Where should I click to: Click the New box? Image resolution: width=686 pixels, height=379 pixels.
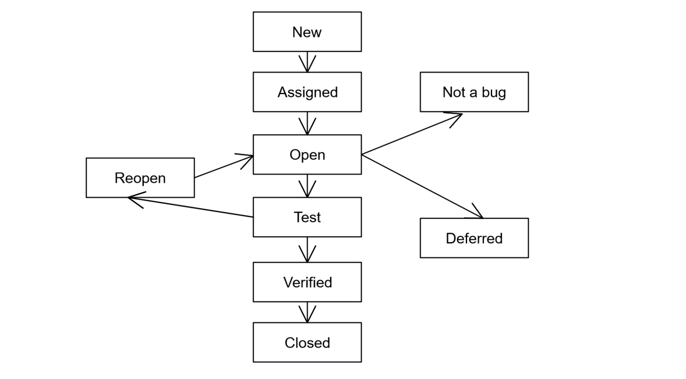(x=307, y=32)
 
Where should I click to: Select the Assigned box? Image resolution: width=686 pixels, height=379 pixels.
(x=307, y=92)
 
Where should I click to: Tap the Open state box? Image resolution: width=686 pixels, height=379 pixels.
(x=307, y=154)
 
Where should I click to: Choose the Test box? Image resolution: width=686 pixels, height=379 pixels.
(x=307, y=217)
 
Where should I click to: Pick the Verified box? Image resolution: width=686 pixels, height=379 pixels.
(x=307, y=282)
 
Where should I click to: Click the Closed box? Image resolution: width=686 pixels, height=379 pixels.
(x=307, y=342)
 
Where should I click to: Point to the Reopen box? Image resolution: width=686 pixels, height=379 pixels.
(x=140, y=178)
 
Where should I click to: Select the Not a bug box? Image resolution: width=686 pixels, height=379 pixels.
(x=474, y=92)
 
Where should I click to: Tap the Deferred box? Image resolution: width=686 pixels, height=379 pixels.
(x=474, y=238)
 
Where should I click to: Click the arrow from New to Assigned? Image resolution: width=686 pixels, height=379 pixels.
(x=307, y=62)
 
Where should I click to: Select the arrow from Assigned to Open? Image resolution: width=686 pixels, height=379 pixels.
(x=307, y=123)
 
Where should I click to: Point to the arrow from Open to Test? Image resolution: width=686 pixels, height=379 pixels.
(x=307, y=186)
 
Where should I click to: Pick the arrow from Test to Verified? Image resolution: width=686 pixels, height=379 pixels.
(x=307, y=250)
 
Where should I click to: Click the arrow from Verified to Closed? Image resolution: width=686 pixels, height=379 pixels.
(x=307, y=312)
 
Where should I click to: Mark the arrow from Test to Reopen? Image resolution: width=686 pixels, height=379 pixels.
(x=191, y=207)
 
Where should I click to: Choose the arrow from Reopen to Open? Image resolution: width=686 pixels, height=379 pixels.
(x=224, y=167)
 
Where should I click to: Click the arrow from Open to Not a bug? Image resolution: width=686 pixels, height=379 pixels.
(x=412, y=134)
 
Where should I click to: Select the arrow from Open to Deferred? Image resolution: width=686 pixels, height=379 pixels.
(x=422, y=187)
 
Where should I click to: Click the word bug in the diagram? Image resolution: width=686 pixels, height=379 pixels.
(x=494, y=92)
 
